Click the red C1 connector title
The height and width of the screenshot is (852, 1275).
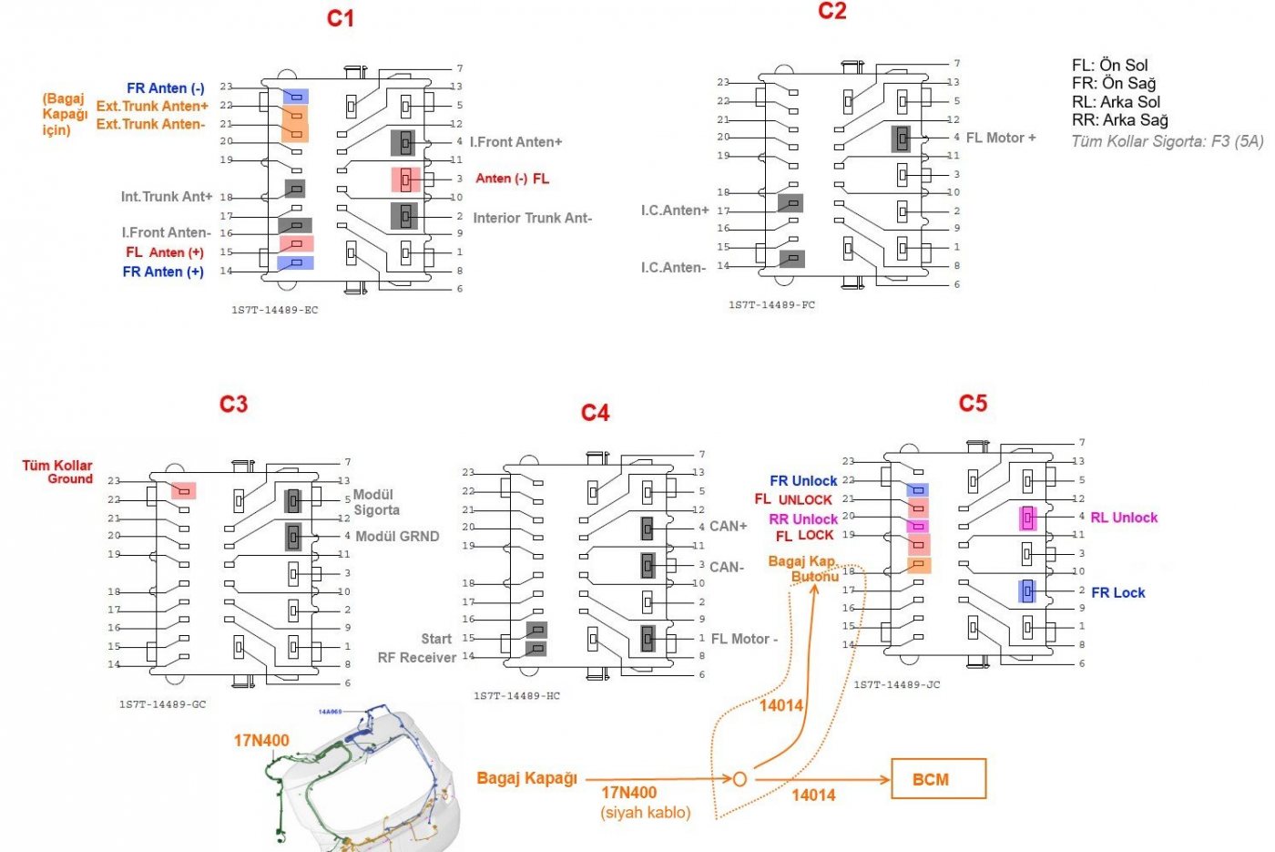[x=341, y=19]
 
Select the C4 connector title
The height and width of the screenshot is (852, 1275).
[x=595, y=414]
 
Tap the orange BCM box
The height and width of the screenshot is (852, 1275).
[x=937, y=779]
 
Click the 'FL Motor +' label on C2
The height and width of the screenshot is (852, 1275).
[x=1001, y=138]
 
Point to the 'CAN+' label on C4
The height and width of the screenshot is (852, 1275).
[x=728, y=527]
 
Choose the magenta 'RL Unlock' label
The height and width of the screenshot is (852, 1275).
[x=1124, y=518]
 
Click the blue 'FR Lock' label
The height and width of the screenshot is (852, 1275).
[x=1117, y=592]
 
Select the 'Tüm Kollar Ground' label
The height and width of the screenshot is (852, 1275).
[x=58, y=472]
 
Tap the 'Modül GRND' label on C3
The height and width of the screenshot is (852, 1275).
[x=397, y=537]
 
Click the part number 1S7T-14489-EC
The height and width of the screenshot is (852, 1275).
[x=274, y=311]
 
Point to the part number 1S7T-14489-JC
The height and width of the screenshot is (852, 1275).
[x=896, y=684]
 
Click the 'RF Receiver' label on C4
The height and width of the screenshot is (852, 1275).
[x=417, y=658]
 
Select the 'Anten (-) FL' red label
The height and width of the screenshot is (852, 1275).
[x=512, y=179]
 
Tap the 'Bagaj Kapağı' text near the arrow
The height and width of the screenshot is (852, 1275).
[x=527, y=778]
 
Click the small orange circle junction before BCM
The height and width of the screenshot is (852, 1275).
[x=739, y=779]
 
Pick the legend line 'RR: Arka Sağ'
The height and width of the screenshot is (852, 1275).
[x=1119, y=120]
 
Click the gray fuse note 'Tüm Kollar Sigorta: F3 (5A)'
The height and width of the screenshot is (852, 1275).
[x=1167, y=141]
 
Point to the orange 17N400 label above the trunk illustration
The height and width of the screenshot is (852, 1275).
[x=261, y=741]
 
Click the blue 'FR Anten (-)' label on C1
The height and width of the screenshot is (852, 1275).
[x=166, y=88]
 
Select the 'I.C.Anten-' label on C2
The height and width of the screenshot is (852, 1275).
[x=673, y=268]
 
